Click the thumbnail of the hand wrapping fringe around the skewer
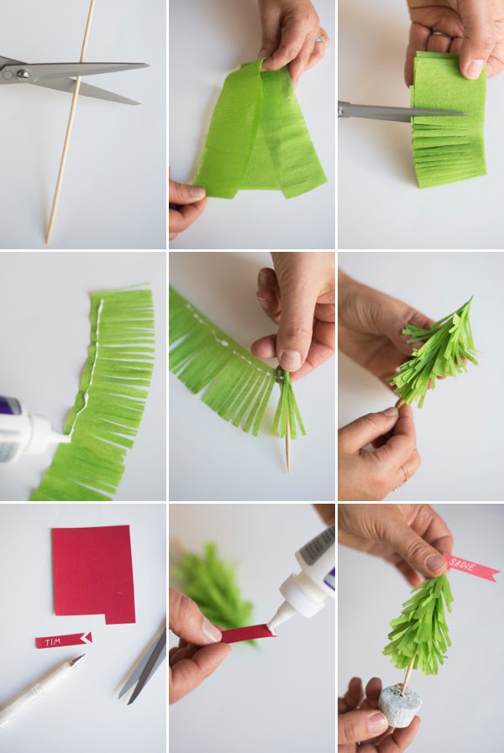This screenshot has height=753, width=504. tap(291, 360)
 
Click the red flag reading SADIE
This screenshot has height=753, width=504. tap(472, 568)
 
